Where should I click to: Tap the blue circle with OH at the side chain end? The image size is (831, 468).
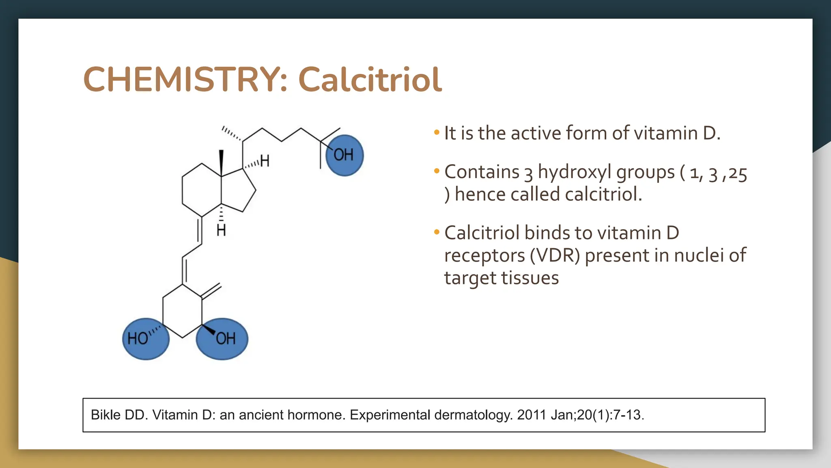[x=344, y=155]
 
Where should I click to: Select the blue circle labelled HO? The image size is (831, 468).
[x=146, y=339]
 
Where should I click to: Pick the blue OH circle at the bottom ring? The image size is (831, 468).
[x=222, y=339]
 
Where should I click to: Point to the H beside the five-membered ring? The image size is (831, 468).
[x=265, y=161]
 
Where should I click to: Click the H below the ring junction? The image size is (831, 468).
[x=221, y=231]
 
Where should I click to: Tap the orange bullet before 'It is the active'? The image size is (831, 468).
[x=437, y=132]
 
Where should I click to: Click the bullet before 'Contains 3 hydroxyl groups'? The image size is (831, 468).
[x=437, y=171]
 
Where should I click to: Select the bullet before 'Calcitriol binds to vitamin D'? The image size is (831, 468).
[x=437, y=232]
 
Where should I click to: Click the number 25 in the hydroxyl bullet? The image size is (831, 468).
[x=738, y=174]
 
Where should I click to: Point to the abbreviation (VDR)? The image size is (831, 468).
[x=555, y=256]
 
